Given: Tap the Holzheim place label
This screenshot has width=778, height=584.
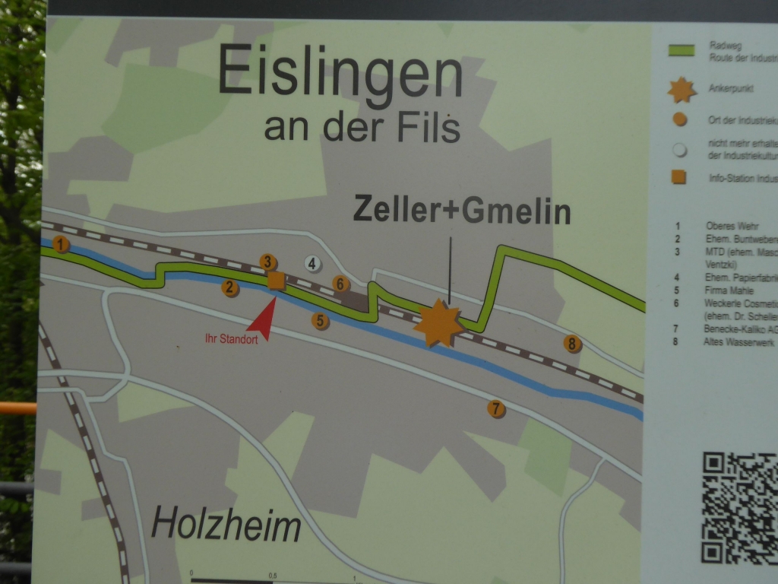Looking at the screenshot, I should tap(226, 525).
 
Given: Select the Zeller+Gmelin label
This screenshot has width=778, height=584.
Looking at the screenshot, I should tap(462, 211).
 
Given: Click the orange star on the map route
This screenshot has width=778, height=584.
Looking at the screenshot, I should tap(438, 322).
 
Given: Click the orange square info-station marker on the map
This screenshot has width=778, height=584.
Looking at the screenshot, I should tap(276, 281).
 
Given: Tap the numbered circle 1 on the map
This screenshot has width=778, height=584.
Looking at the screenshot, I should tap(62, 244).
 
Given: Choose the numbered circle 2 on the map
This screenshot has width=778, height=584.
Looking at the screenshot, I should tap(230, 287).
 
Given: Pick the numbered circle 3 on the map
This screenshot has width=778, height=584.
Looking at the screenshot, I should tap(267, 262).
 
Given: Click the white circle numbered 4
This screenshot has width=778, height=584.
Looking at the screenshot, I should tap(312, 264).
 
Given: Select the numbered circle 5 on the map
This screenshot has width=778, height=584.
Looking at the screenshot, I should tap(321, 321).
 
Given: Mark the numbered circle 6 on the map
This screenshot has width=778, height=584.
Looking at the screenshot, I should tap(341, 284).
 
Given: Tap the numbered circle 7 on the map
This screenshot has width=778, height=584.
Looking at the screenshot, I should tap(496, 409).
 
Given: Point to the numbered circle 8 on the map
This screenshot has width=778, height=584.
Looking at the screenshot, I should tap(572, 344).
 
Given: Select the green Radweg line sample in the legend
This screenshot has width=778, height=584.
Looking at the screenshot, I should tap(681, 52).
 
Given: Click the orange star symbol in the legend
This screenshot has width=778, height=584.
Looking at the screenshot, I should tap(682, 90).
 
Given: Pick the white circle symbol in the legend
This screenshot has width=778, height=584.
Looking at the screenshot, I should tap(679, 150).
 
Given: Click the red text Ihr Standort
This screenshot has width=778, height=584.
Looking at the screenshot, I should tap(231, 339).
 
